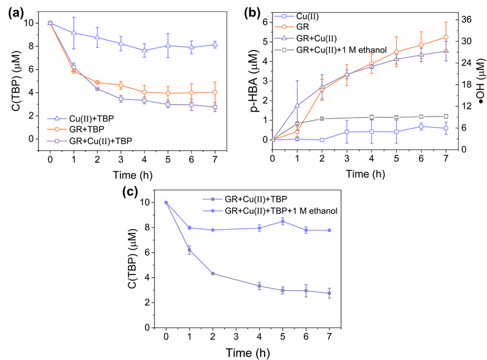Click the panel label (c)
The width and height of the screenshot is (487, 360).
pyautogui.click(x=131, y=192)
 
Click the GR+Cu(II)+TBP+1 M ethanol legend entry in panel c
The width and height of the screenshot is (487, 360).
pyautogui.click(x=280, y=211)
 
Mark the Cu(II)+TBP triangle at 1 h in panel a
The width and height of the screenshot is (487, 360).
pyautogui.click(x=74, y=33)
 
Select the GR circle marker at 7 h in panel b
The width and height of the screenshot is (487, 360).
pyautogui.click(x=446, y=37)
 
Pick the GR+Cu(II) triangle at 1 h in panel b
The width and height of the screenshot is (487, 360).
pyautogui.click(x=297, y=105)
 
